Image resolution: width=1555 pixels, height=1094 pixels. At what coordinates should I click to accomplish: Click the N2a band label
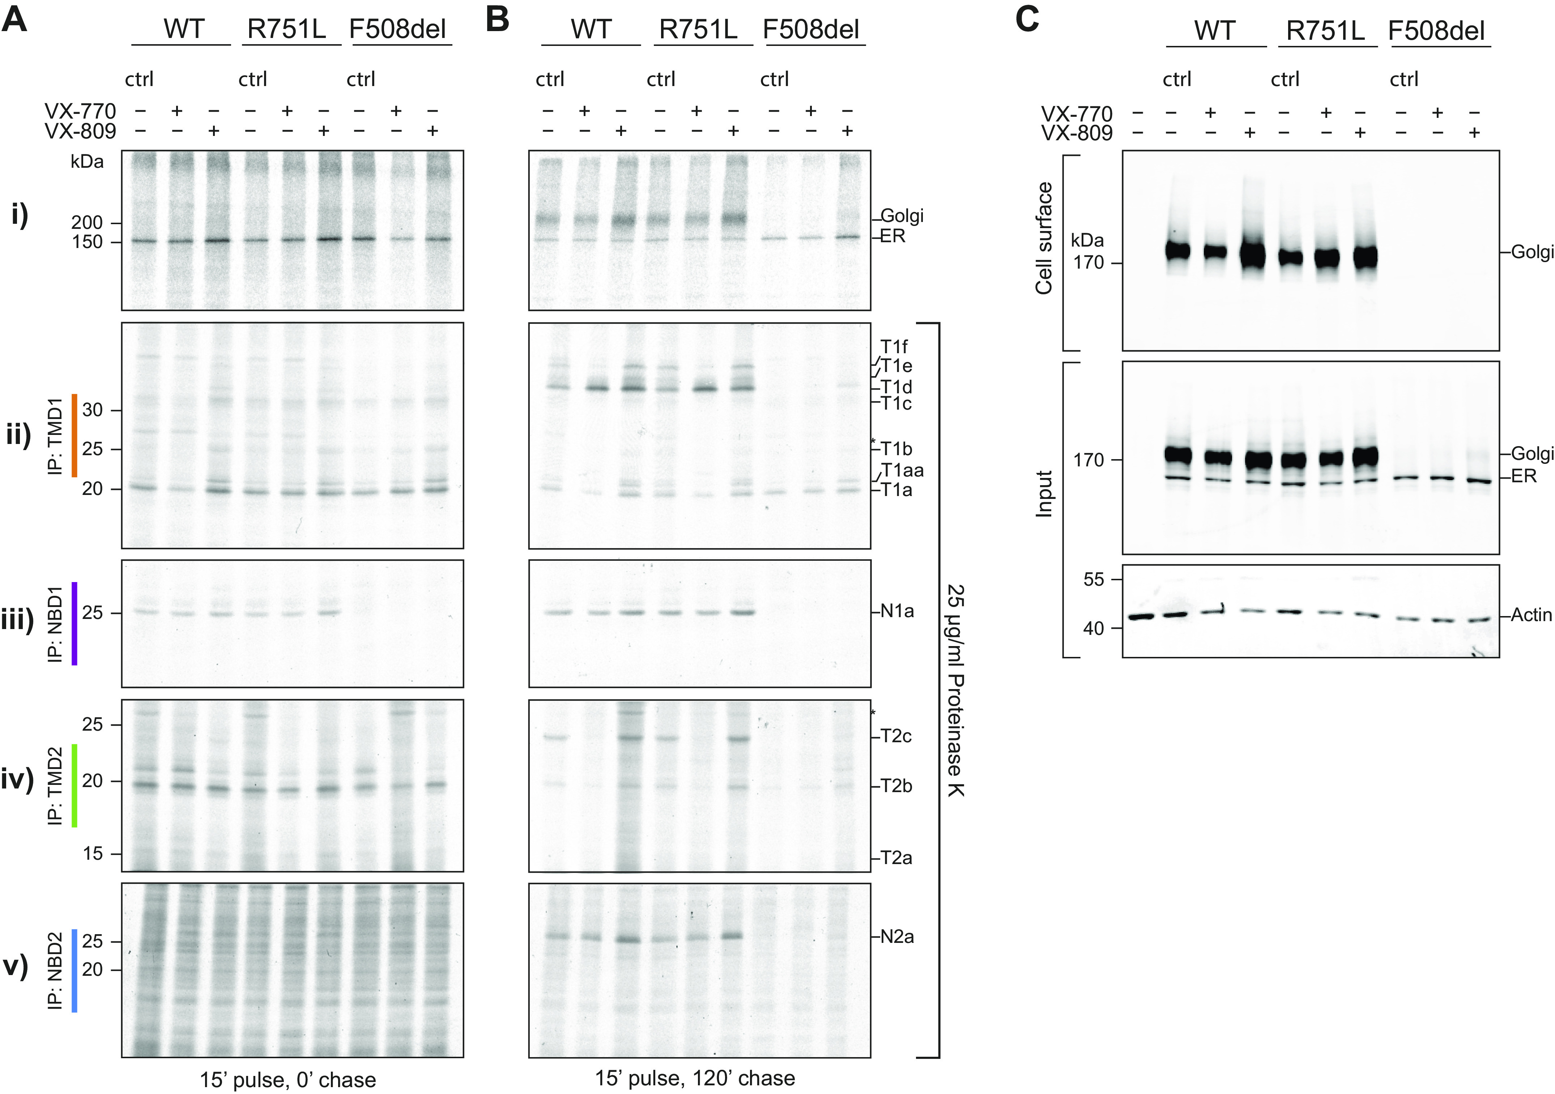897,937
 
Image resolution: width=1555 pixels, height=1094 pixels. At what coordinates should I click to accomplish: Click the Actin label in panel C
1531,615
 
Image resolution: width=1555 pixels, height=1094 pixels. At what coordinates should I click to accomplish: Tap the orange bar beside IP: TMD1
74,435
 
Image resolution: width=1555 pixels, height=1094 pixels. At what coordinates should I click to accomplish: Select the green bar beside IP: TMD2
74,785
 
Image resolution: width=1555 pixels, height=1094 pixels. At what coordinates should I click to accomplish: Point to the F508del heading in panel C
1439,31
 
